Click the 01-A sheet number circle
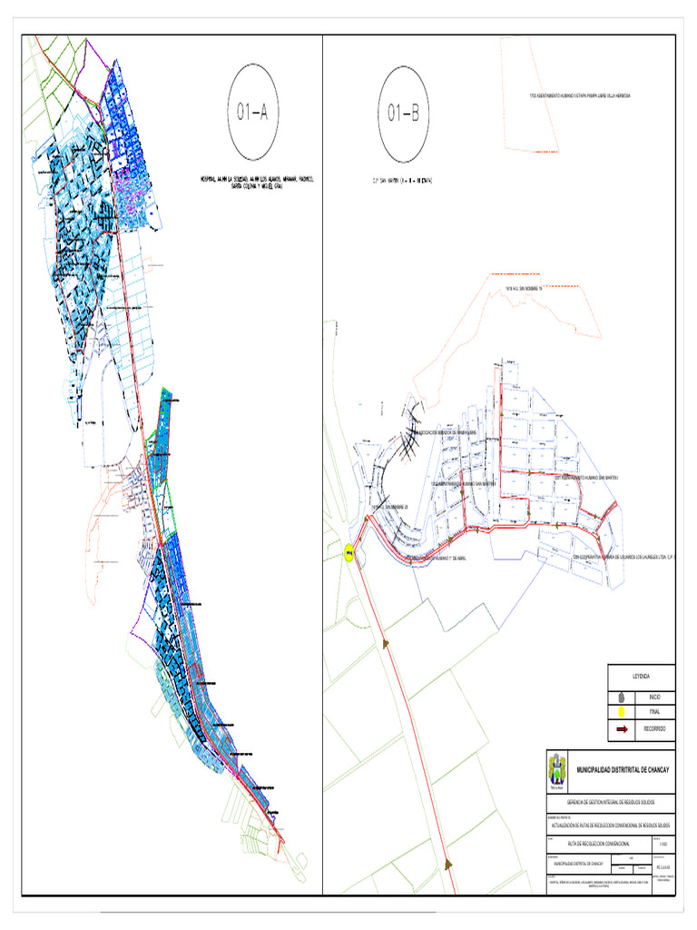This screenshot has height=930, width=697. [x=253, y=114]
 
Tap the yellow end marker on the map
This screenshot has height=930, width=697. [x=349, y=552]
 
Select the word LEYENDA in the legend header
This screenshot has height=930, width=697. [x=642, y=677]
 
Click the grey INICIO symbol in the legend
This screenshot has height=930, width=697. [x=622, y=696]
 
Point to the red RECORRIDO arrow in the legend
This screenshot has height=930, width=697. [x=622, y=728]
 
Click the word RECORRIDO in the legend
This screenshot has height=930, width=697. [x=654, y=728]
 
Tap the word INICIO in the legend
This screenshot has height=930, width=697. [x=654, y=696]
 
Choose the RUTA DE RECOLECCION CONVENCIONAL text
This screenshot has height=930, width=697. [x=592, y=841]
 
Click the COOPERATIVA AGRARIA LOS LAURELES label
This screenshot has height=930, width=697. [x=626, y=557]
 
